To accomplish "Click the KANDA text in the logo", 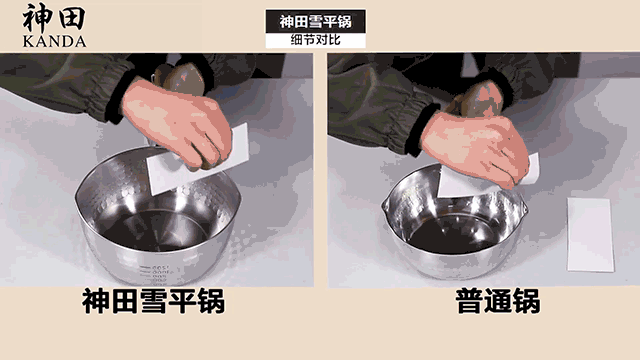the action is click(54, 42).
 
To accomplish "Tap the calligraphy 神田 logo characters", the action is click(54, 18).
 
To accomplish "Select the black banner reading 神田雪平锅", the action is click(316, 22).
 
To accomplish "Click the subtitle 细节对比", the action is click(316, 40).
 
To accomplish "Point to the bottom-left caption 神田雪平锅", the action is click(153, 301).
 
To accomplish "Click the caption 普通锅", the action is click(498, 301).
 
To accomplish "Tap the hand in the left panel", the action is click(178, 122).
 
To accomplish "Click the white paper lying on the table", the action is click(591, 235).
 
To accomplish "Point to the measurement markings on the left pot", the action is click(157, 273).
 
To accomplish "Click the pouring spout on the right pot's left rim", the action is click(385, 205).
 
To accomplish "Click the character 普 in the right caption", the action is click(469, 301).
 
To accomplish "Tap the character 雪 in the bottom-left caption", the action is click(153, 301).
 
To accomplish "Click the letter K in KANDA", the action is click(28, 42).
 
